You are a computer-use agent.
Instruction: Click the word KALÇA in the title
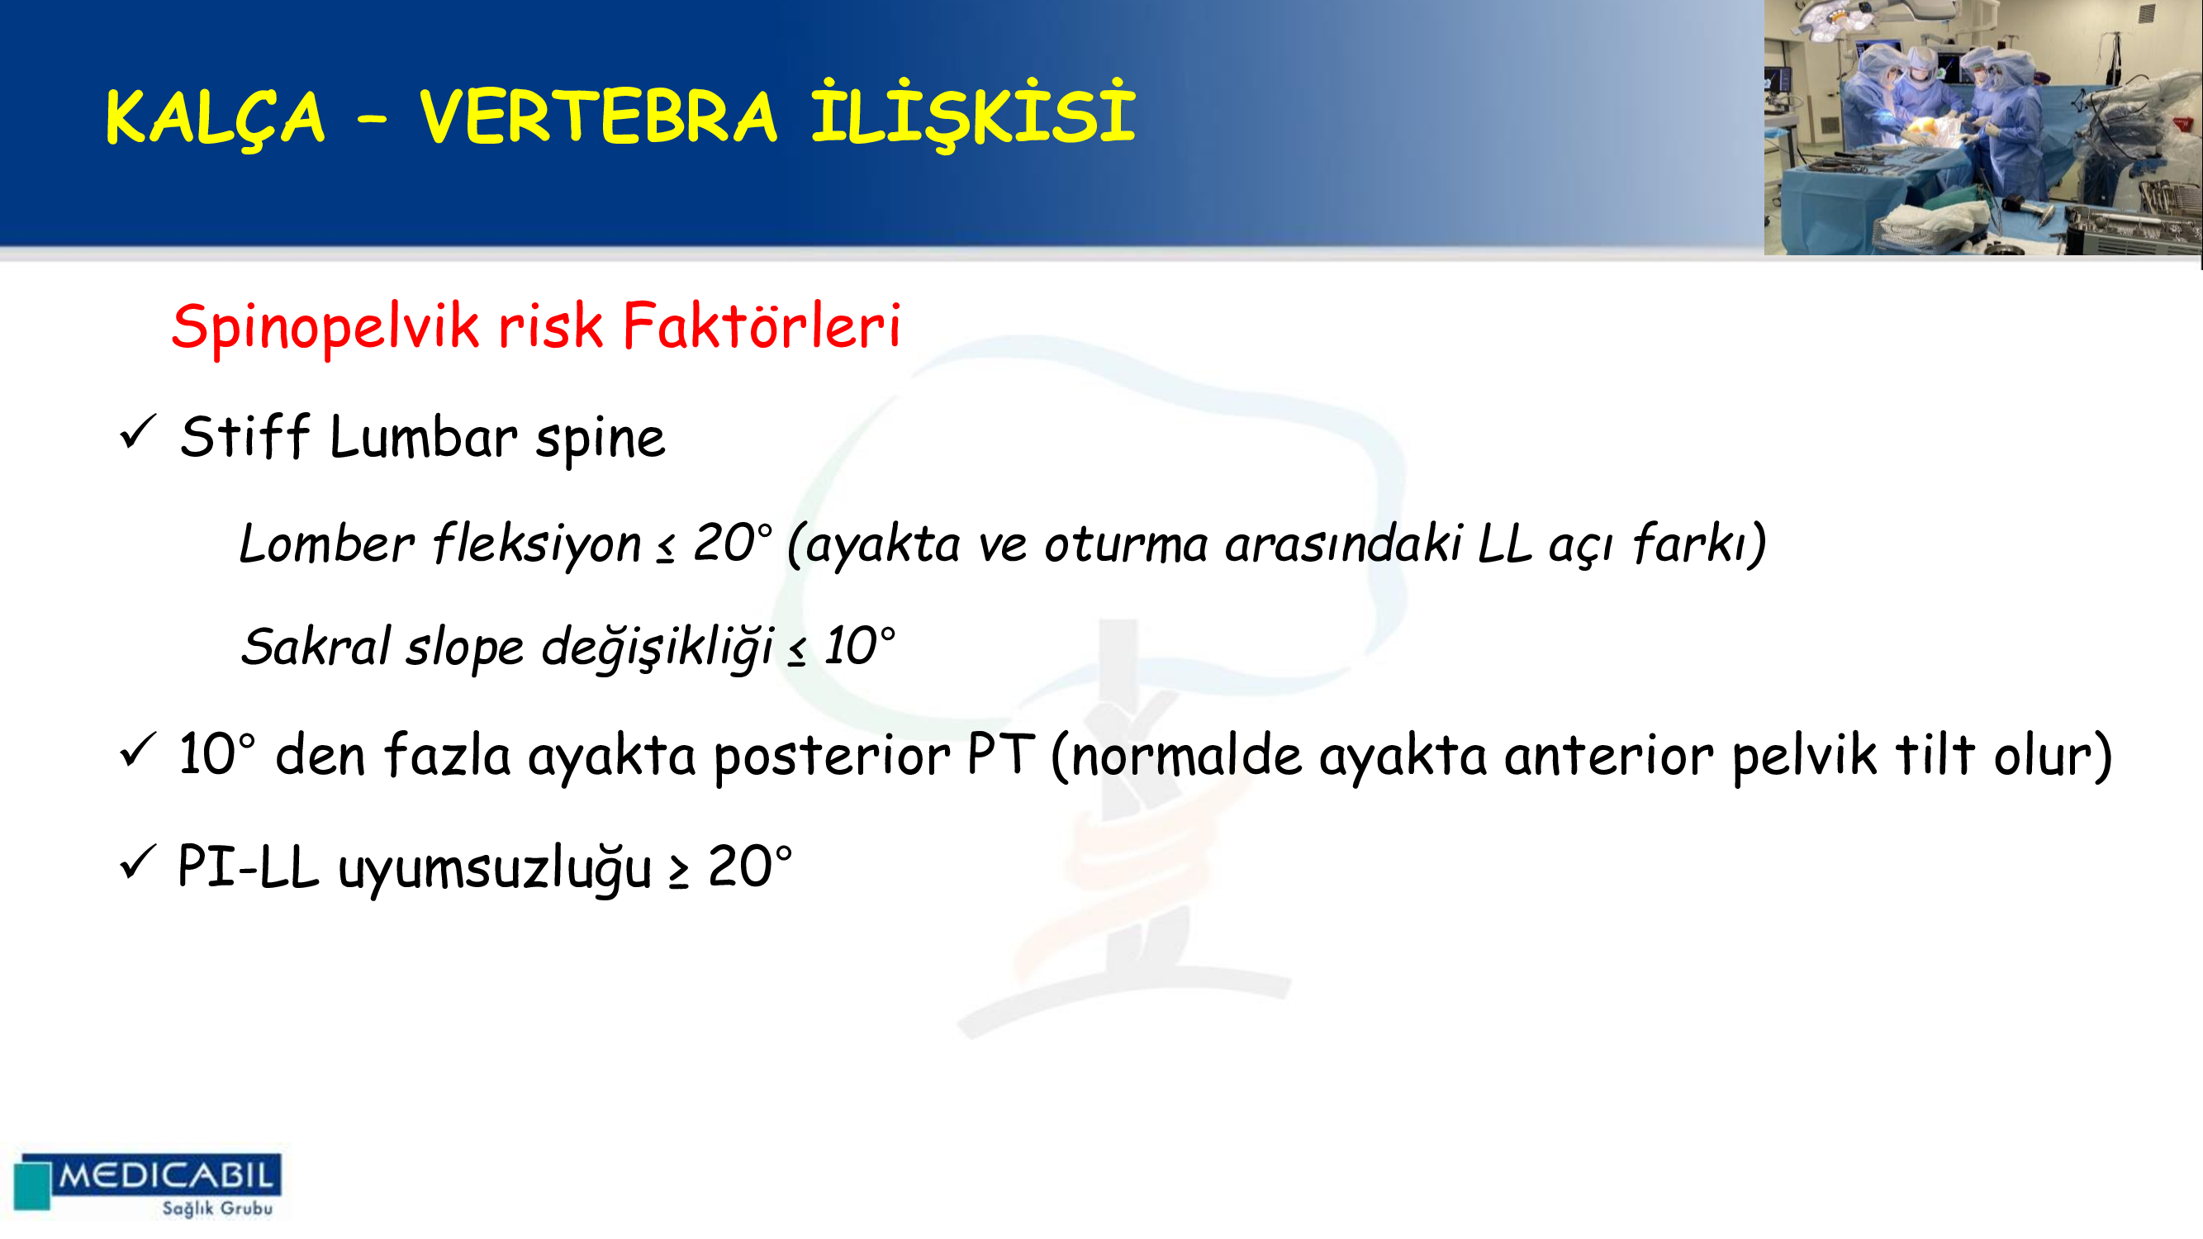tap(215, 118)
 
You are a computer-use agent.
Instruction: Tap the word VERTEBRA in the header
tap(598, 116)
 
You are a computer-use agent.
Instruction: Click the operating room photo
tap(1983, 127)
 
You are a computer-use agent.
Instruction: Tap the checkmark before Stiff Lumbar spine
tap(138, 432)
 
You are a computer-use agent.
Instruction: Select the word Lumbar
tap(423, 437)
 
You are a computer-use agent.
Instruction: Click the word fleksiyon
tap(537, 544)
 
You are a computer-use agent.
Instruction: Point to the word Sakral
tap(316, 646)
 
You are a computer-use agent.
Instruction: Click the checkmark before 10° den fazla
tap(138, 750)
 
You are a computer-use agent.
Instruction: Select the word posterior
tap(831, 757)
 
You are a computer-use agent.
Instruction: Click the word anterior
tap(1607, 756)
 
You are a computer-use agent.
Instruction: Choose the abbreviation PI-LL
tap(248, 866)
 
